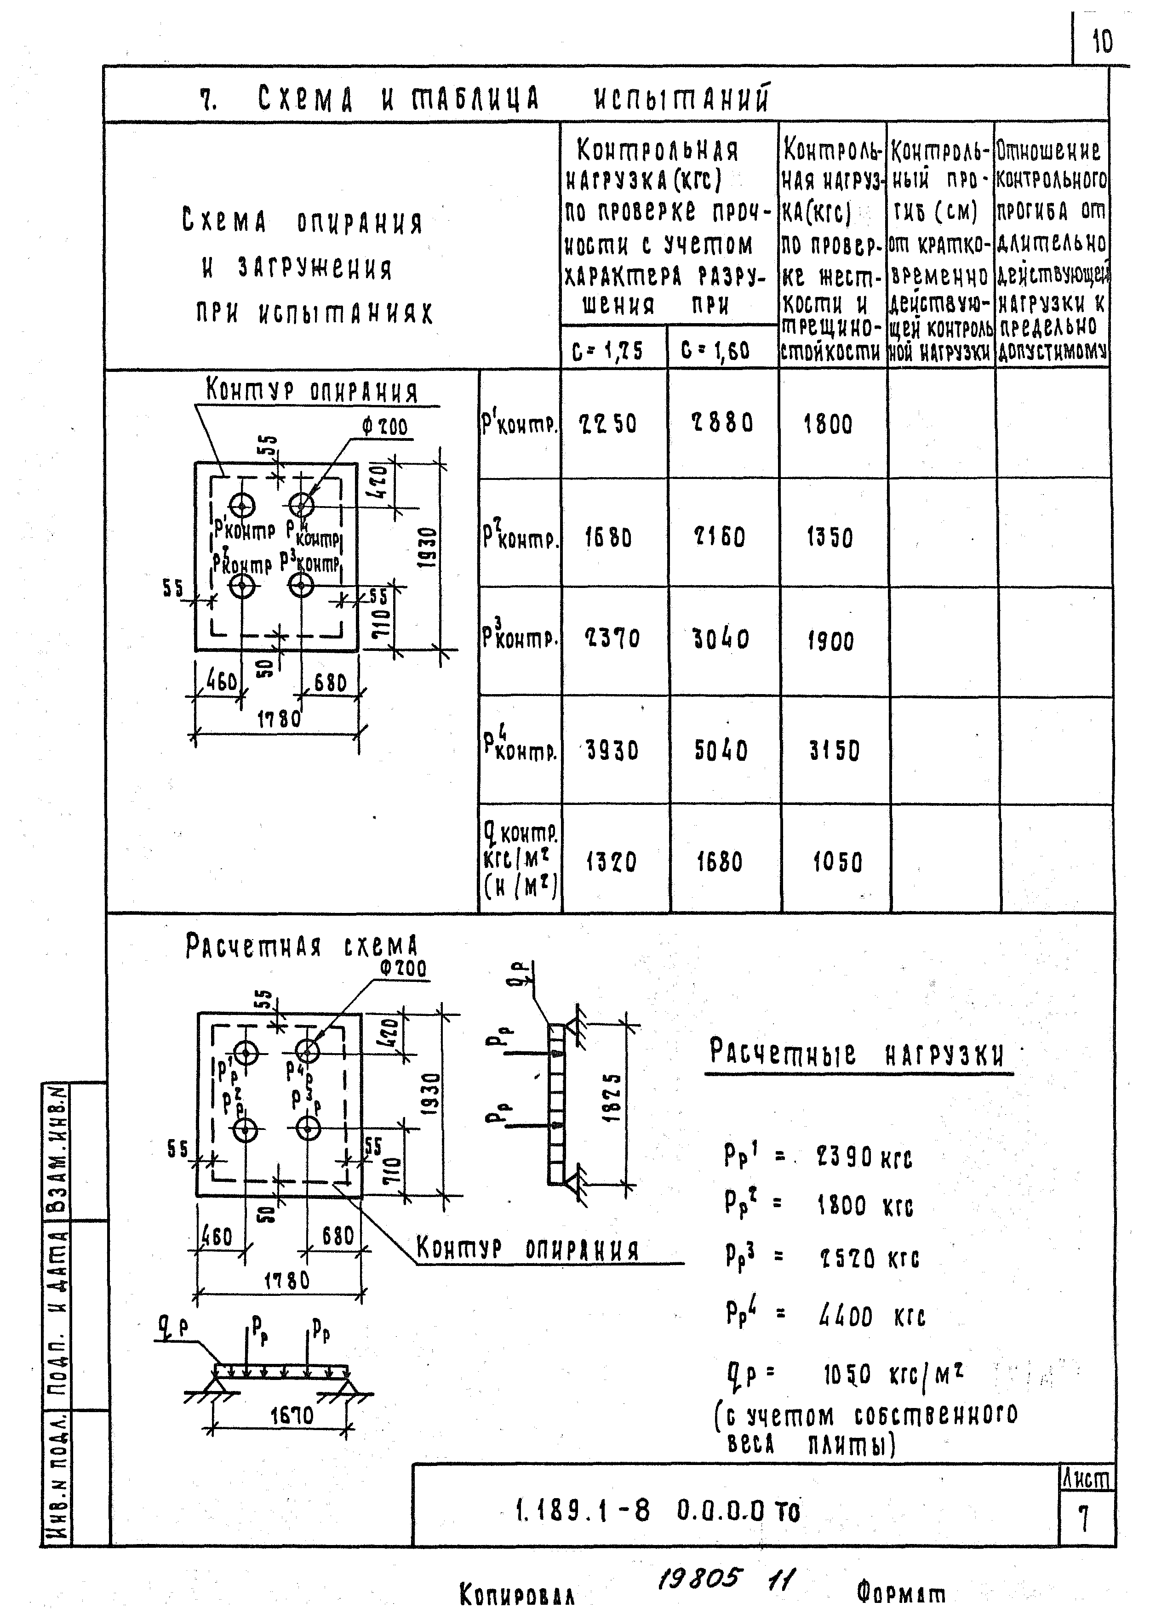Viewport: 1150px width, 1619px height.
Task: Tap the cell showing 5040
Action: pyautogui.click(x=720, y=750)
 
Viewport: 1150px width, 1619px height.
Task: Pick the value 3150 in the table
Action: pyautogui.click(x=834, y=750)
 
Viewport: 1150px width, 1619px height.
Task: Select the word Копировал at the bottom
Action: pyautogui.click(x=517, y=1594)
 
